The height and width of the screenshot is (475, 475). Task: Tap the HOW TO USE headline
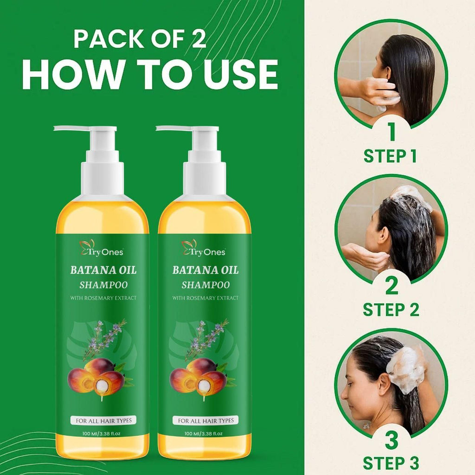coord(149,74)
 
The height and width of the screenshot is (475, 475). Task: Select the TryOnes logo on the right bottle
coord(204,248)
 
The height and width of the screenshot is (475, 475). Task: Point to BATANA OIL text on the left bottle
coord(103,270)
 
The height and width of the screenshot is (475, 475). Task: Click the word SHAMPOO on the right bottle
coord(205,284)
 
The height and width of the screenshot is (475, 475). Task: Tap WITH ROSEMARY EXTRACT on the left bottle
coord(103,298)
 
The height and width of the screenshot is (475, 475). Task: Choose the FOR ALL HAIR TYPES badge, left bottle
coord(103,420)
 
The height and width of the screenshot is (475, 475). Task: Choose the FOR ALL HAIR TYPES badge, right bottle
coord(205,420)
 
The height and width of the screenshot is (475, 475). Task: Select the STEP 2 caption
coord(391,309)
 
